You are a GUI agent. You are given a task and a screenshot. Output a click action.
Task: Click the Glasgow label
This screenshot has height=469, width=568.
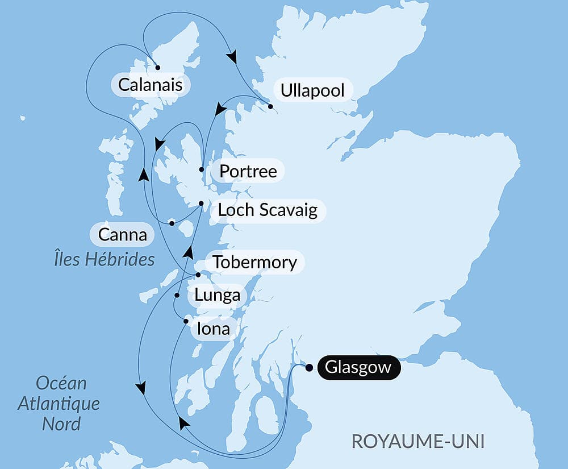[x=358, y=368]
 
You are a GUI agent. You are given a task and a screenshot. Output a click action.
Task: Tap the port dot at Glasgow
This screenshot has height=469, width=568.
[x=309, y=368]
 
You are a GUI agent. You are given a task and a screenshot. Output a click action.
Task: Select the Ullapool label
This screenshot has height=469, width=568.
[x=312, y=90]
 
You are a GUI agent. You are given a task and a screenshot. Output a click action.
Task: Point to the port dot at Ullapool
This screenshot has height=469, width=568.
[x=270, y=106]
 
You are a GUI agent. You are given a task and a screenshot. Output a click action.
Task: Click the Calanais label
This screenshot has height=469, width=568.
[x=151, y=85]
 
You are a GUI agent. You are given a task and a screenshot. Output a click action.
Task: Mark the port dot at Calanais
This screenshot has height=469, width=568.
[x=158, y=67]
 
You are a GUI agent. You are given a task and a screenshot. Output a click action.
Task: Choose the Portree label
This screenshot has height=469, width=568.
[x=248, y=171]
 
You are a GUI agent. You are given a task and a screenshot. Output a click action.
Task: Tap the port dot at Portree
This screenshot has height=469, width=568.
[x=202, y=169]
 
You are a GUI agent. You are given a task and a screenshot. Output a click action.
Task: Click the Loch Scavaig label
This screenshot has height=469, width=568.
[x=268, y=210]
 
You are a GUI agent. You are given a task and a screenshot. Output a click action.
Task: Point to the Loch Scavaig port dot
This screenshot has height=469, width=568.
[x=201, y=204]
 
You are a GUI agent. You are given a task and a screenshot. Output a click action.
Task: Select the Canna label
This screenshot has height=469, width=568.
[x=122, y=234]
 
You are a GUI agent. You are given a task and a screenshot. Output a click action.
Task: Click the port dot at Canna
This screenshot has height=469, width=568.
[x=172, y=223]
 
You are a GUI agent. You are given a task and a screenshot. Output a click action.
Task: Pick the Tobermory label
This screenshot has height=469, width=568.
[x=254, y=262]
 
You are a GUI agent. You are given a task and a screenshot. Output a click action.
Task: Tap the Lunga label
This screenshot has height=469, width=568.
[x=217, y=296]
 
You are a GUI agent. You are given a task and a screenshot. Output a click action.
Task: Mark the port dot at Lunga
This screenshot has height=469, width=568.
[x=177, y=296]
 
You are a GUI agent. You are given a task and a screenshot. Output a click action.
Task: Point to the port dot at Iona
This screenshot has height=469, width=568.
[x=186, y=322]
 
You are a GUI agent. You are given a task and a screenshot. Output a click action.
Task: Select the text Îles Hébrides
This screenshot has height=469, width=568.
[x=102, y=259]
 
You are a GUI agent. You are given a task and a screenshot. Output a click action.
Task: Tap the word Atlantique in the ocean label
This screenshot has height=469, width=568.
[x=59, y=404]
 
